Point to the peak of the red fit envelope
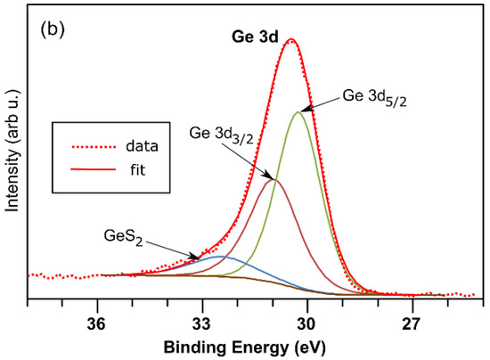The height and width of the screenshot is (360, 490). [x=290, y=39]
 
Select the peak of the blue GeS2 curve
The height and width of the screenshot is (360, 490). [x=220, y=257]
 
